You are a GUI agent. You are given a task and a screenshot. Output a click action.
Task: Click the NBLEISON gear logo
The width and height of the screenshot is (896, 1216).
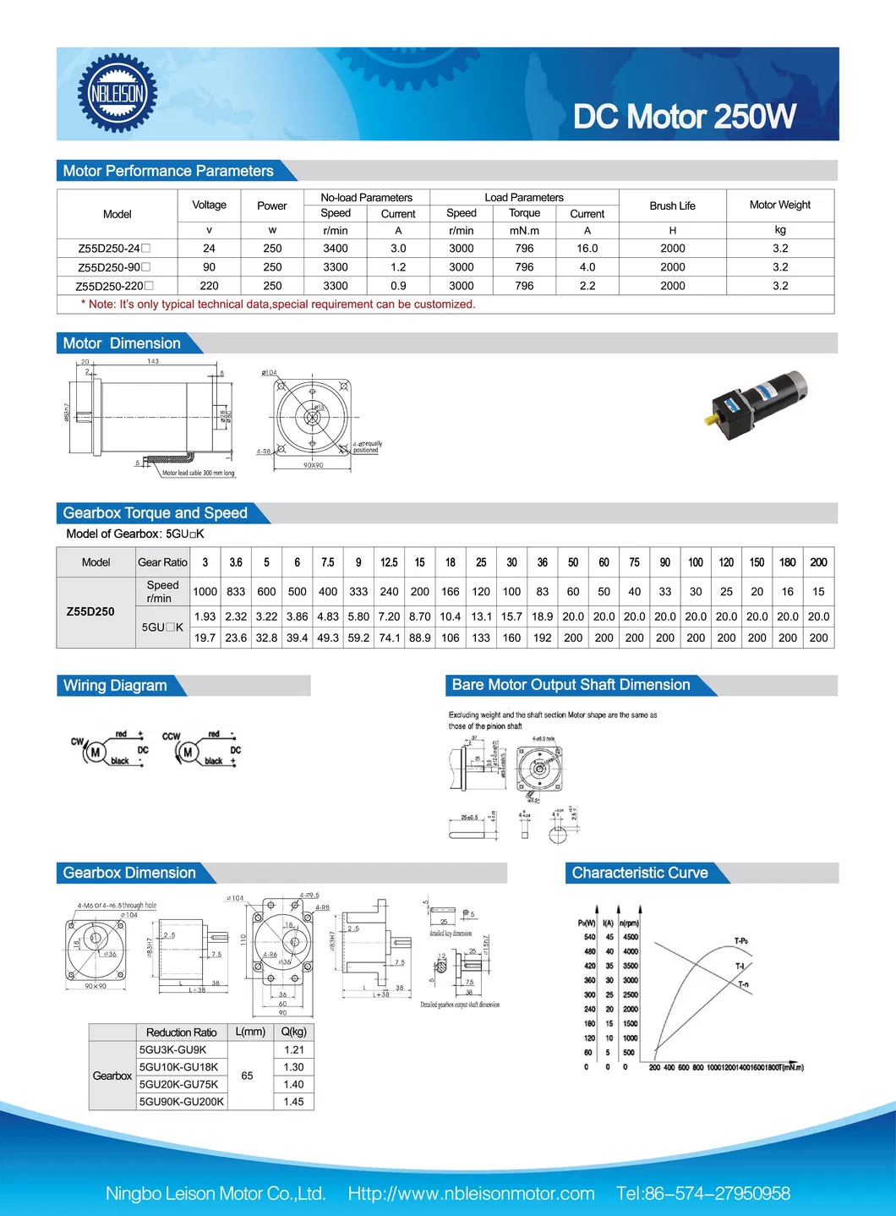coord(117,93)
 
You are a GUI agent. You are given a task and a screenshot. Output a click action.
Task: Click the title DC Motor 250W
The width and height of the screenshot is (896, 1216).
coord(684,117)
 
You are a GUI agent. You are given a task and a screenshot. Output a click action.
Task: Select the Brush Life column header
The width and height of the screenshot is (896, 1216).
coord(672,205)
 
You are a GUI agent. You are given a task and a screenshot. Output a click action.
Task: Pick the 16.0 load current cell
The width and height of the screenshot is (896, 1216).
coord(587,249)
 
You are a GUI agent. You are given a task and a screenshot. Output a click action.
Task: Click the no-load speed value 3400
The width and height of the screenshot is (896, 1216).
coord(335,249)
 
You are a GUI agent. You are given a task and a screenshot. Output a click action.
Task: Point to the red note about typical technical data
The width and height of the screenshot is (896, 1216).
coord(278,304)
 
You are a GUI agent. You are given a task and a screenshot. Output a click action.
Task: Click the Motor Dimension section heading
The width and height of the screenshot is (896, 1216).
coord(122,343)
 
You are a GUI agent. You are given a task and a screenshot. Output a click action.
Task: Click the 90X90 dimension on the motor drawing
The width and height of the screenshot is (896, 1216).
coord(313,465)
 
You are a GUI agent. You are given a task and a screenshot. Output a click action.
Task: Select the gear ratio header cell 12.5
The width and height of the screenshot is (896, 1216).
coord(389,562)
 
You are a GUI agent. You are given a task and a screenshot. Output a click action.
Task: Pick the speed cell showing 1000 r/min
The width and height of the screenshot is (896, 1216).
coord(205,592)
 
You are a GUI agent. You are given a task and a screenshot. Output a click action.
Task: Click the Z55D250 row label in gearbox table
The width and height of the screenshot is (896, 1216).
coord(90,611)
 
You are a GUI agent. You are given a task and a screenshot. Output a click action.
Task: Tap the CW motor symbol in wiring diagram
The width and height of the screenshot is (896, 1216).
coord(95,752)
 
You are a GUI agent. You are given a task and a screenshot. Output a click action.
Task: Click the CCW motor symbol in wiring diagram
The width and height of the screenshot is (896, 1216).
coord(188,752)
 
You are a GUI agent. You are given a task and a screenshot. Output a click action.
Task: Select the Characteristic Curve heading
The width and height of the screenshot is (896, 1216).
coord(640,873)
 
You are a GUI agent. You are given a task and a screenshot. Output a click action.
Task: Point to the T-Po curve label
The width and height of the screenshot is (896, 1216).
coord(740,940)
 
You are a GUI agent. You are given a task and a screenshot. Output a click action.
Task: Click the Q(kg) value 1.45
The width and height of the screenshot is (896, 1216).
coord(293,1102)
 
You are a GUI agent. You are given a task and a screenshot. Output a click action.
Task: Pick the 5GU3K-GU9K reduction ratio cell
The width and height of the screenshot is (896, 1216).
coord(173,1049)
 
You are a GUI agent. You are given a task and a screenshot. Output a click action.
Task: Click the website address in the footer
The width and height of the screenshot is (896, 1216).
coord(471,1193)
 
